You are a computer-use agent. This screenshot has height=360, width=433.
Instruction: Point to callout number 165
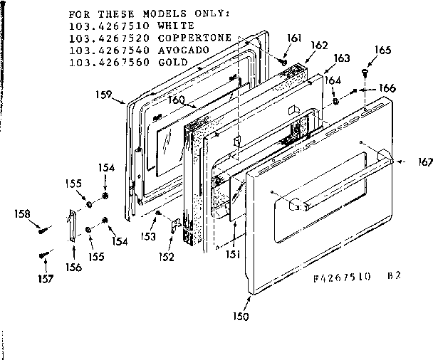click(383, 51)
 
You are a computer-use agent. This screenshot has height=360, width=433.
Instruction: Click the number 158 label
click(24, 213)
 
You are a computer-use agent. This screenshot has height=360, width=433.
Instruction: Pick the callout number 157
click(44, 278)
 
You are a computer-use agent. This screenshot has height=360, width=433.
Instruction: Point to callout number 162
click(320, 45)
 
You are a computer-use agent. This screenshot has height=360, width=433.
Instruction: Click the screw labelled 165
click(365, 71)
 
